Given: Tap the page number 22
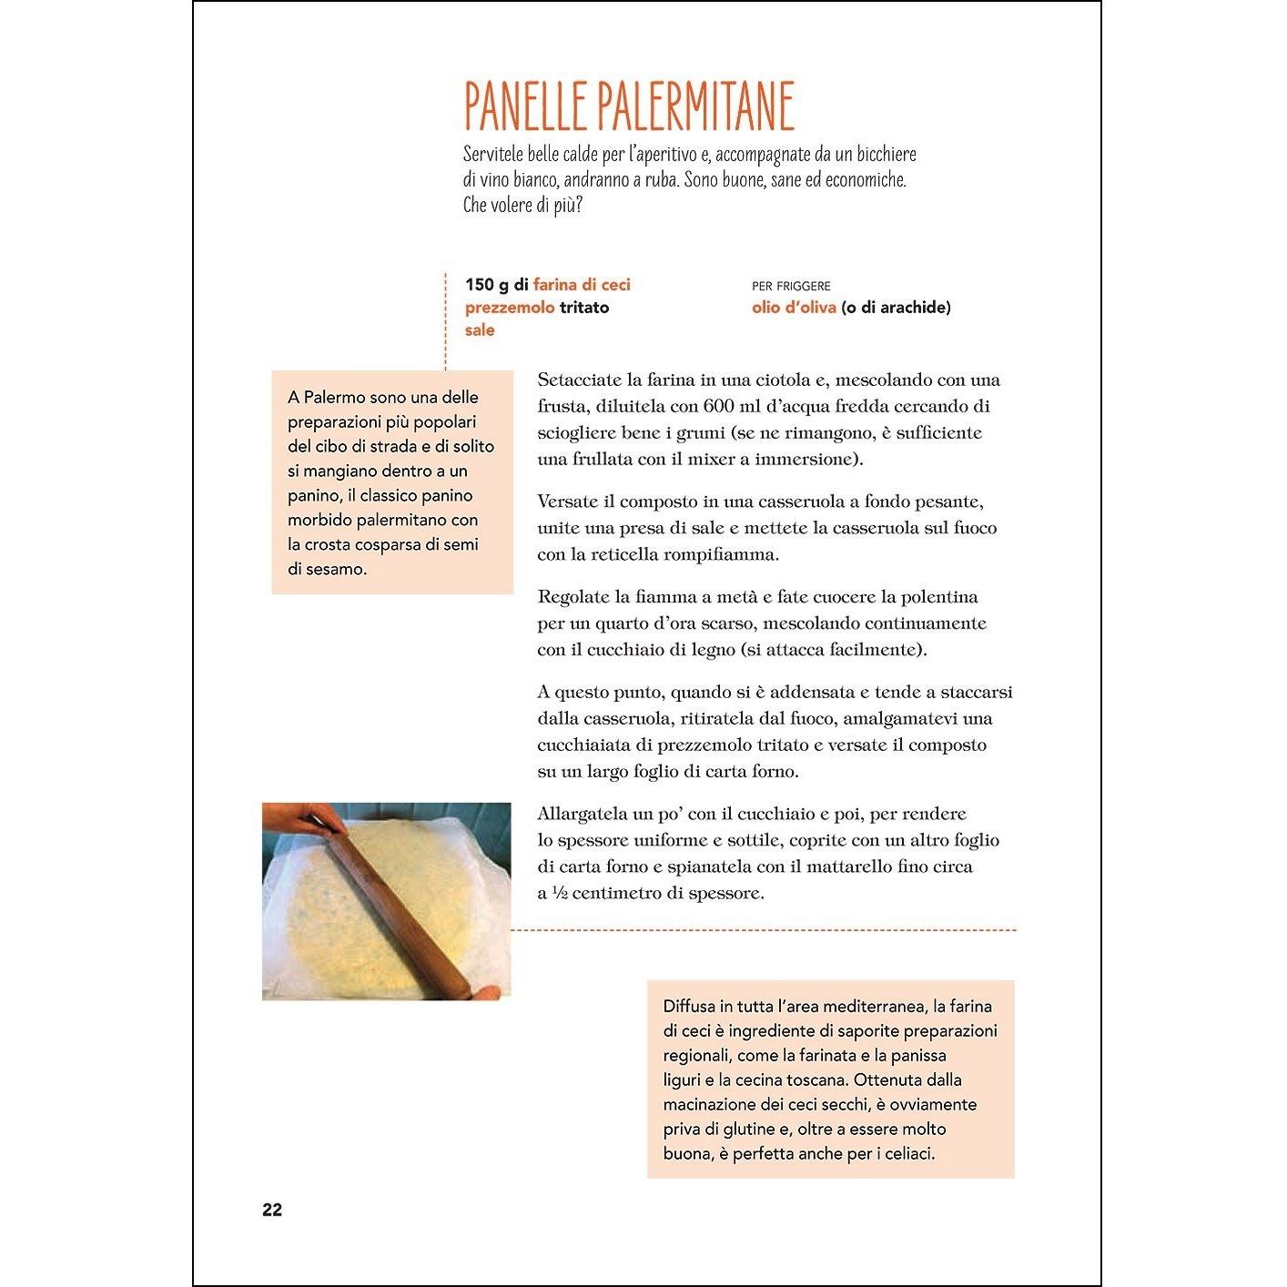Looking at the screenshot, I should (272, 1210).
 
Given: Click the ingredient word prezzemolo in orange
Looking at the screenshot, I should (510, 307).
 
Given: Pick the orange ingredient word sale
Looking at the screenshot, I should (480, 329).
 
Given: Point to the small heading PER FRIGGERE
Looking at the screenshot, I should (791, 286).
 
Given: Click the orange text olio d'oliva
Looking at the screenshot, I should (794, 307).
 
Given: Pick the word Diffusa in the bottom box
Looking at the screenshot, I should (689, 1006).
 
